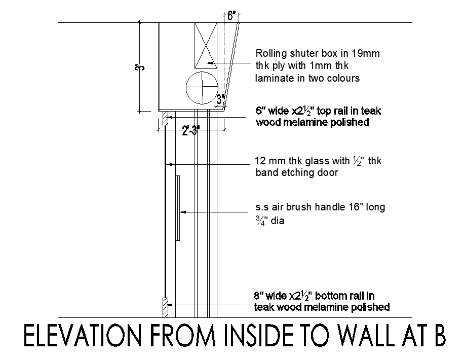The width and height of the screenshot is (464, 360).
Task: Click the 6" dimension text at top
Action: tap(231, 16)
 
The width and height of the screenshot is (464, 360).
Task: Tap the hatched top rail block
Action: tap(165, 120)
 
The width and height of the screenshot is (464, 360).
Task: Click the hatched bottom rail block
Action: tap(165, 306)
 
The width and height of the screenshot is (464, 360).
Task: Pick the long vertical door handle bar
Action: tap(177, 208)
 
